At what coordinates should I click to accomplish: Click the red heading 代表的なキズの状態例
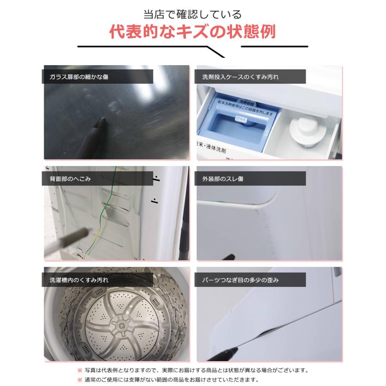[x=192, y=32]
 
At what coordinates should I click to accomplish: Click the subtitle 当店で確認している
[x=192, y=14]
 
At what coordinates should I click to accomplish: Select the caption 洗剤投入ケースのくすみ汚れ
[x=243, y=77]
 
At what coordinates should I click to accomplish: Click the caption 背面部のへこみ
[x=67, y=178]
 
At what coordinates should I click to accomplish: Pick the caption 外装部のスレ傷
[x=226, y=178]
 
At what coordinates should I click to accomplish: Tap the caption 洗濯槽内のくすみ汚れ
[x=75, y=280]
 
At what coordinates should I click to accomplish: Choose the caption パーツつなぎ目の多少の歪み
[x=243, y=280]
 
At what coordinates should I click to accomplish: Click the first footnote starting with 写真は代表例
[x=193, y=370]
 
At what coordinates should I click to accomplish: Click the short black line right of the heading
[x=274, y=46]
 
